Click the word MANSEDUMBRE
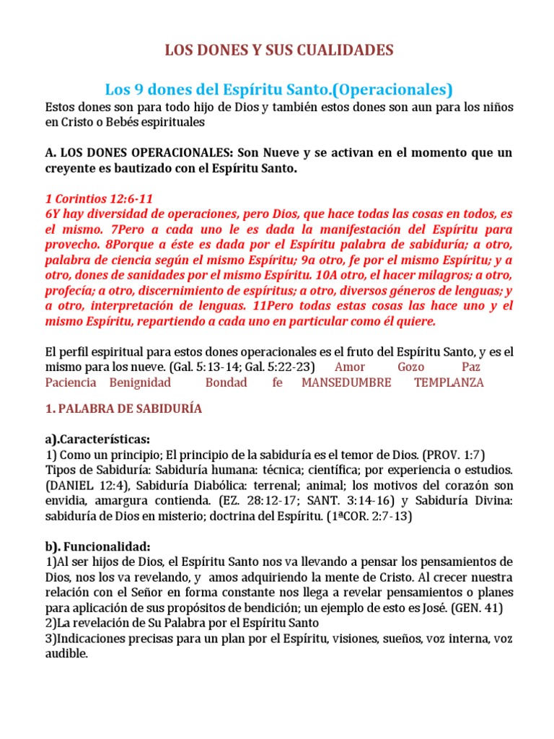click(x=346, y=382)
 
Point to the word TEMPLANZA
click(x=449, y=382)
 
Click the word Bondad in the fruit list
click(x=226, y=382)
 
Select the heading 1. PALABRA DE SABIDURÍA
click(x=123, y=409)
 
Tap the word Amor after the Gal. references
click(x=350, y=367)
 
